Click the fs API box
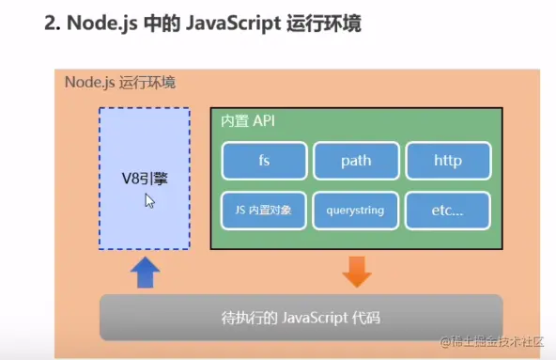point(264,160)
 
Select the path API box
point(356,160)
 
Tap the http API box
point(448,160)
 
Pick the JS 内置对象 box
point(264,211)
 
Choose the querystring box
point(356,211)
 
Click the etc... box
point(448,211)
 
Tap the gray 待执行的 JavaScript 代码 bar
point(301,317)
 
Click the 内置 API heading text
point(248,121)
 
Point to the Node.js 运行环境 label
point(119,82)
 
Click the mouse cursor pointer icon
point(149,200)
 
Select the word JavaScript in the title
point(224,22)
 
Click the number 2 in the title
point(51,22)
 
